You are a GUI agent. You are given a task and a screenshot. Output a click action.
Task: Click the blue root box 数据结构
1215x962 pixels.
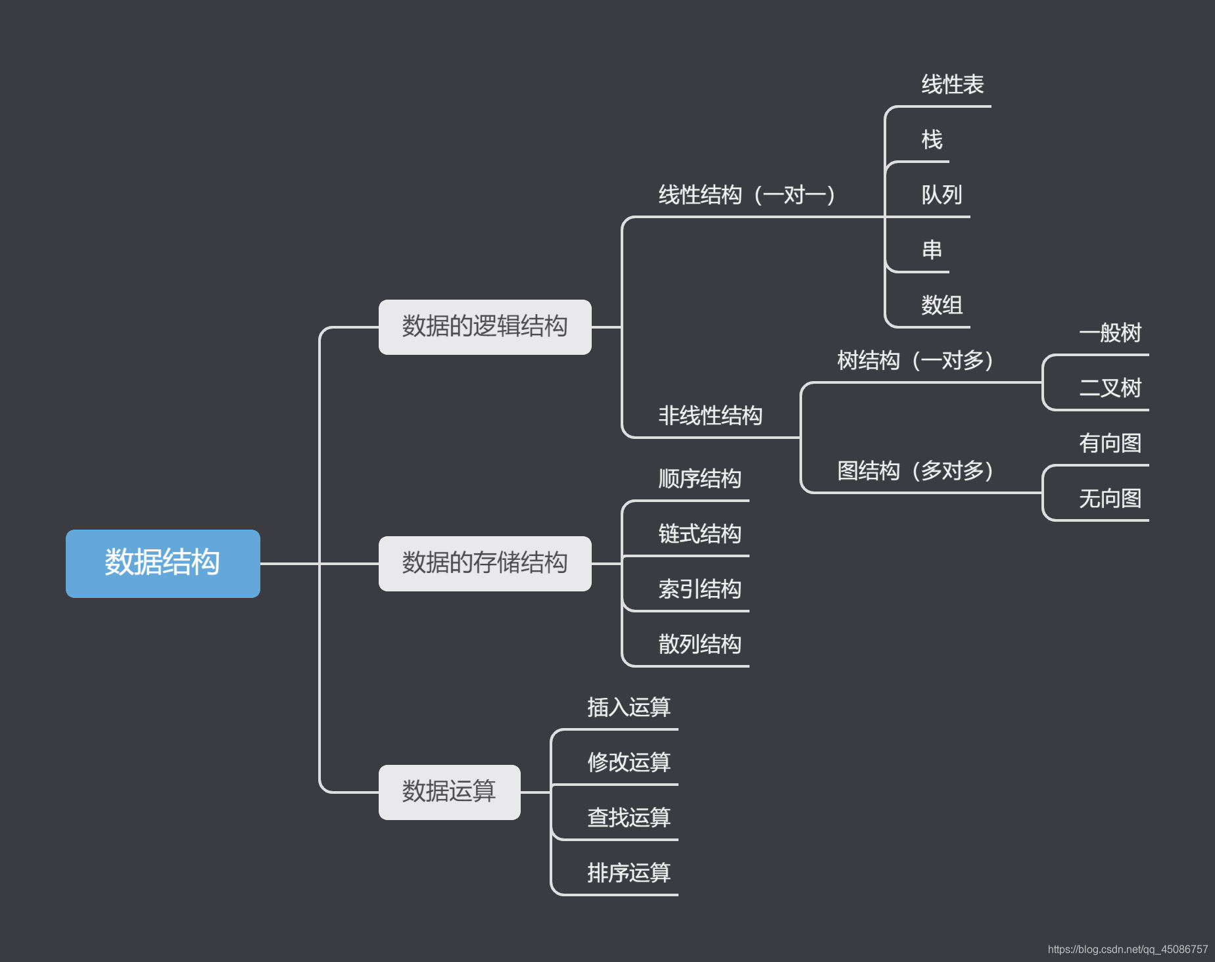pyautogui.click(x=162, y=563)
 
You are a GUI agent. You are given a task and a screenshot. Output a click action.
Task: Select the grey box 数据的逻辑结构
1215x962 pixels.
pyautogui.click(x=485, y=327)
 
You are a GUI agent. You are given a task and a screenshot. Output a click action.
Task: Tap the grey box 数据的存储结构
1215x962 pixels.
pyautogui.click(x=485, y=563)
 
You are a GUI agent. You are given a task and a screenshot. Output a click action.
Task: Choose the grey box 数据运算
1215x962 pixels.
pyautogui.click(x=449, y=792)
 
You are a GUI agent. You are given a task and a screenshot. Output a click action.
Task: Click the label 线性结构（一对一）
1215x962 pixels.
pyautogui.click(x=747, y=195)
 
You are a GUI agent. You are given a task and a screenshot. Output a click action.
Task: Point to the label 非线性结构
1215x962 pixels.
pyautogui.click(x=710, y=416)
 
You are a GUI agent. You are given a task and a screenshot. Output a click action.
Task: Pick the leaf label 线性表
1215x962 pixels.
pyautogui.click(x=952, y=85)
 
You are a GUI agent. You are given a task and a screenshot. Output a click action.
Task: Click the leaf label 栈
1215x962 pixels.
pyautogui.click(x=932, y=140)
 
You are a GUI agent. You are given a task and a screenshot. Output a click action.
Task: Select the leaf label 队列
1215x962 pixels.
pyautogui.click(x=941, y=195)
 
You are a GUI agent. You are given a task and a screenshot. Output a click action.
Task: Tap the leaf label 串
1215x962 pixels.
pyautogui.click(x=932, y=250)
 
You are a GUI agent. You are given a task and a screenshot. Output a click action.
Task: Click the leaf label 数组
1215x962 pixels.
pyautogui.click(x=941, y=306)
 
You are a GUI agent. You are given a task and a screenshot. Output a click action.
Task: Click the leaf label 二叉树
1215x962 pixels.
pyautogui.click(x=1110, y=388)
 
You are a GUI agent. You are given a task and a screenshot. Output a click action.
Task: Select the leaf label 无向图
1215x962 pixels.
pyautogui.click(x=1110, y=499)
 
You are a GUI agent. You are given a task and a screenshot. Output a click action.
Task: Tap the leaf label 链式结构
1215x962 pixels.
pyautogui.click(x=700, y=534)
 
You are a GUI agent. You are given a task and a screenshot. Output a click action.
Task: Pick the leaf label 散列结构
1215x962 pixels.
pyautogui.click(x=700, y=645)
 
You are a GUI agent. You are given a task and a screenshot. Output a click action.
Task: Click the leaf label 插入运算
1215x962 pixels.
pyautogui.click(x=629, y=708)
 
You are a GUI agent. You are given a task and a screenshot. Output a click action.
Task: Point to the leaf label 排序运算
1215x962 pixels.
pyautogui.click(x=629, y=873)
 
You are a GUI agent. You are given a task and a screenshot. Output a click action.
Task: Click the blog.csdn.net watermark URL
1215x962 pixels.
pyautogui.click(x=1128, y=950)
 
